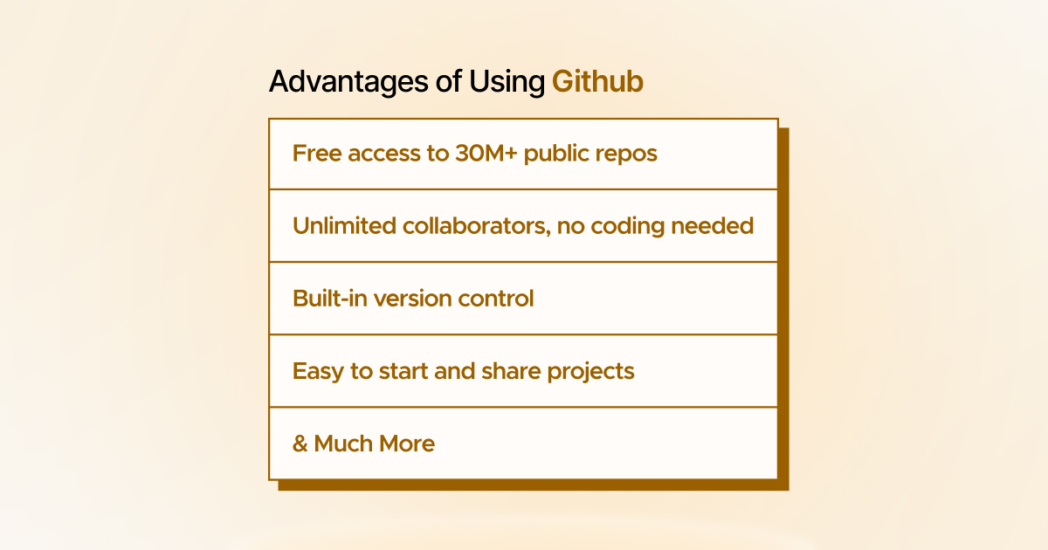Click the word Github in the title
(597, 82)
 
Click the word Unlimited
(344, 226)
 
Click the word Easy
(318, 371)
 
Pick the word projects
(591, 372)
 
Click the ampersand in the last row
(300, 443)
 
